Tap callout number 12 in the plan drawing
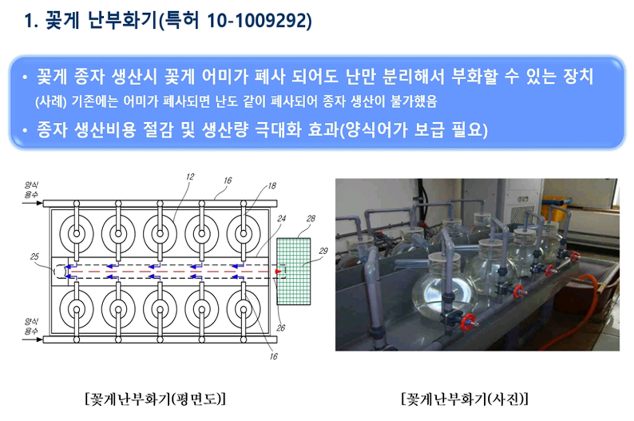190,177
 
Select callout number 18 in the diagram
271,186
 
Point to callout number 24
281,218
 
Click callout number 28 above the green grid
310,218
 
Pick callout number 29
323,251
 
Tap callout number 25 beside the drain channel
34,256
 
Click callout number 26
281,328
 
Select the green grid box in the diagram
293,271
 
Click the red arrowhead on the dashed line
278,272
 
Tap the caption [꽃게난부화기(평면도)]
155,399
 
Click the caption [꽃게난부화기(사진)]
465,399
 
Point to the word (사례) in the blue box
51,102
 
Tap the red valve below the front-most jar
468,322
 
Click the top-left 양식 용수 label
31,190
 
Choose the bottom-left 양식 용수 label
31,326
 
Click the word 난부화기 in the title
122,20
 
